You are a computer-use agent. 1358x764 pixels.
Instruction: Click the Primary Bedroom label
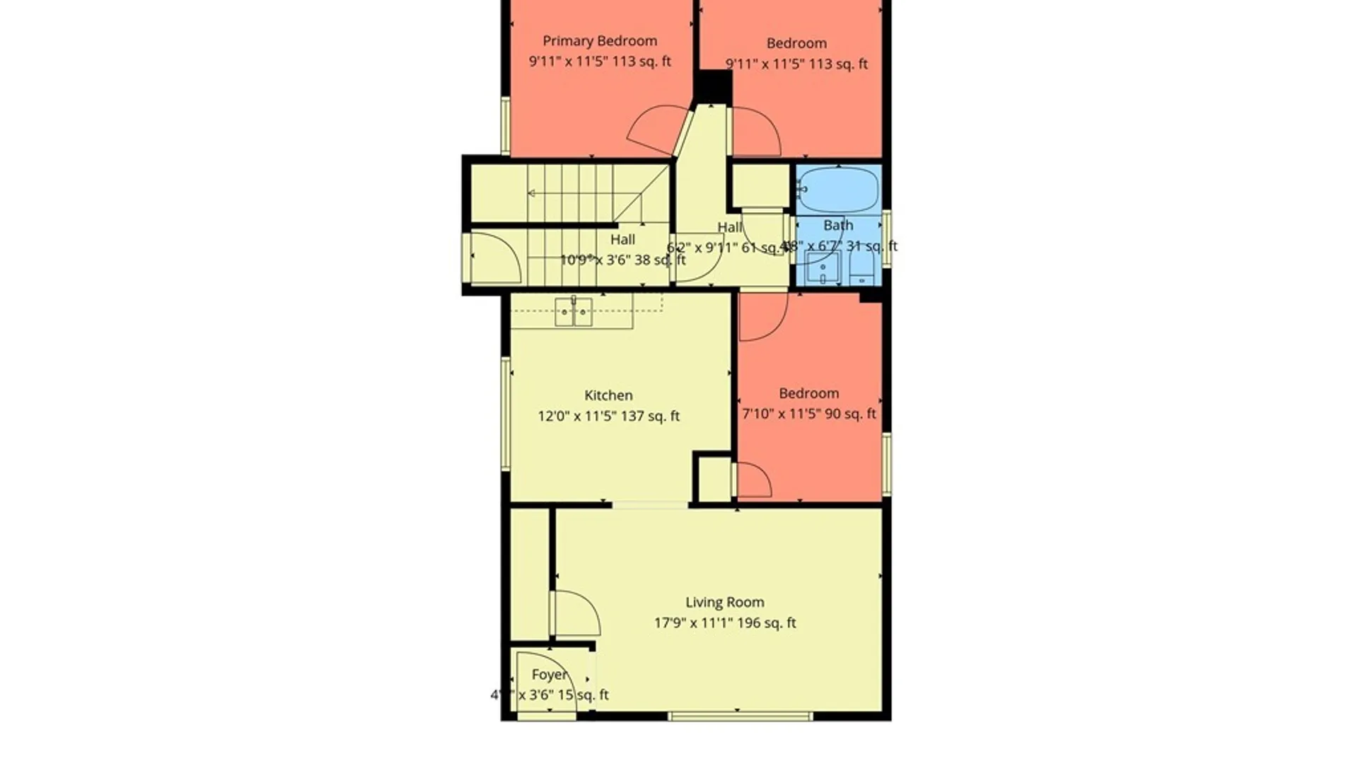(600, 41)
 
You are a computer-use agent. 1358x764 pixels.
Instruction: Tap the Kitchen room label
(608, 395)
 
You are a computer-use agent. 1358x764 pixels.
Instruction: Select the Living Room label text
(724, 602)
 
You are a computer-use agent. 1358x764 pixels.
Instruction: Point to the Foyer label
(550, 675)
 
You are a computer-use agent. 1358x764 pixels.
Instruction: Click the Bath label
(838, 225)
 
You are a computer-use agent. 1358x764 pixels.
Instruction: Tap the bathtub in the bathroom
(839, 190)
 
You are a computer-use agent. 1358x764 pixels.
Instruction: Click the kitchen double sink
(573, 311)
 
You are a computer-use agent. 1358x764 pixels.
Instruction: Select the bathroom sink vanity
(823, 268)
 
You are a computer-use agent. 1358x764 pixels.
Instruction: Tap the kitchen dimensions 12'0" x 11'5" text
(608, 416)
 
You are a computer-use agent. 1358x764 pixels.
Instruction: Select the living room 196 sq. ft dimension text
(724, 623)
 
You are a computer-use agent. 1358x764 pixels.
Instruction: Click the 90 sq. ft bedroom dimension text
(808, 414)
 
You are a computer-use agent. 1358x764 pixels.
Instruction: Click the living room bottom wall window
(740, 717)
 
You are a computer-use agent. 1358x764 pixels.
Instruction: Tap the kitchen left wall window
(506, 414)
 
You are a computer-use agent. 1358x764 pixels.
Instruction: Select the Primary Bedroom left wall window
(506, 126)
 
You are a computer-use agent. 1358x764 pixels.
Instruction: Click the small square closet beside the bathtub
(760, 186)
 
